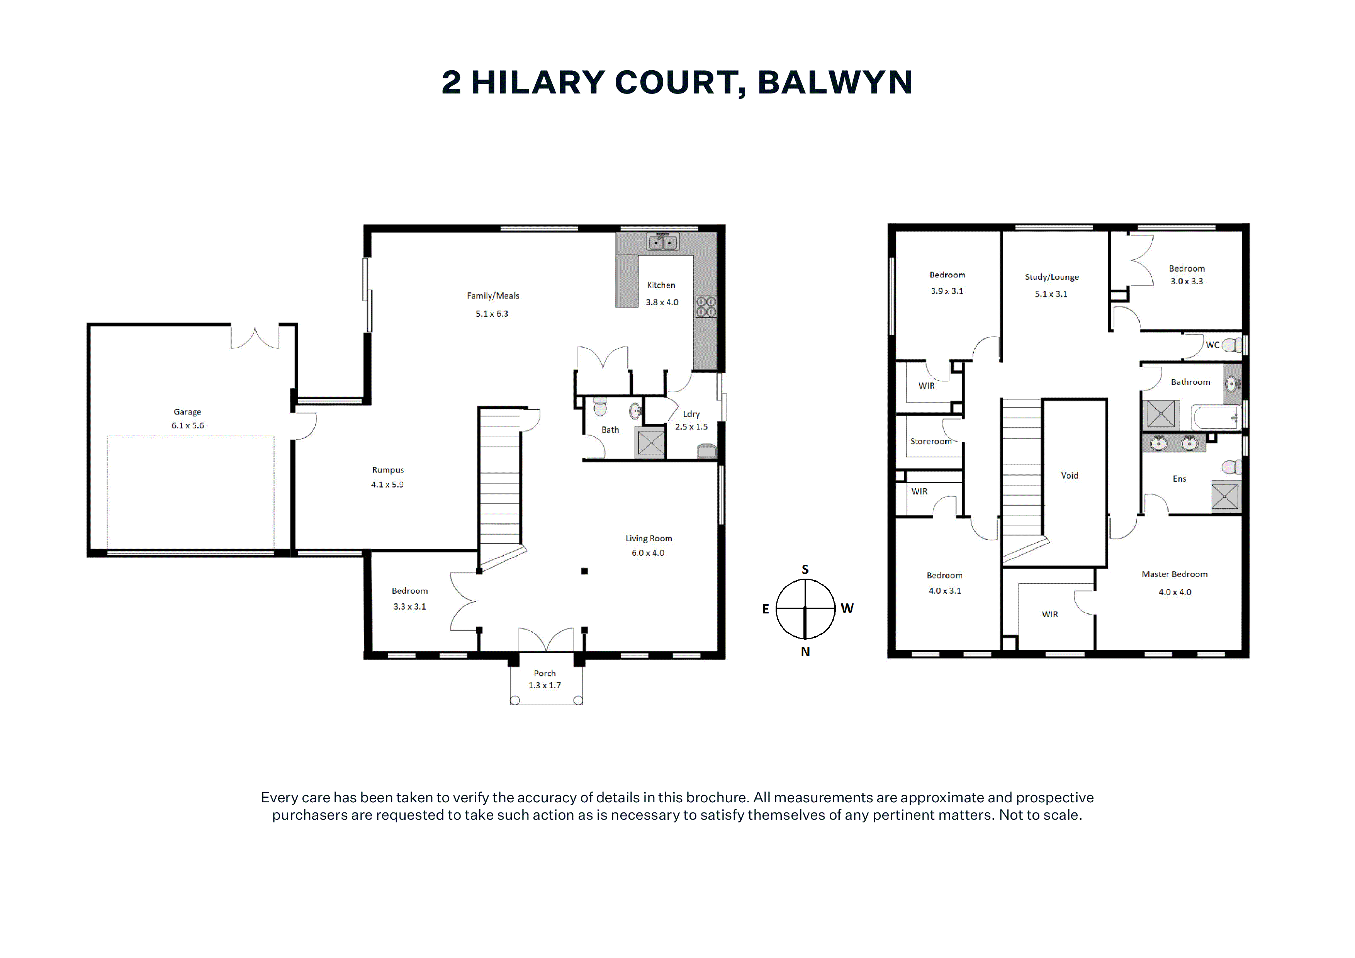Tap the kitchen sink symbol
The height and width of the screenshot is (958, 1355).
663,241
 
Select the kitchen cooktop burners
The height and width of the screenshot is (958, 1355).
706,306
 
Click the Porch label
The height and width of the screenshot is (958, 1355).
545,673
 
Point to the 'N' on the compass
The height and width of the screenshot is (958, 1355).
805,652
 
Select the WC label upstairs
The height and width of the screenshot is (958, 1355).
1212,345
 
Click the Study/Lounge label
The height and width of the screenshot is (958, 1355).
1052,277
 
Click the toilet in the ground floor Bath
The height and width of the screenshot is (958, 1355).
599,407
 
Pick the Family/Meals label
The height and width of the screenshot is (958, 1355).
493,296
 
